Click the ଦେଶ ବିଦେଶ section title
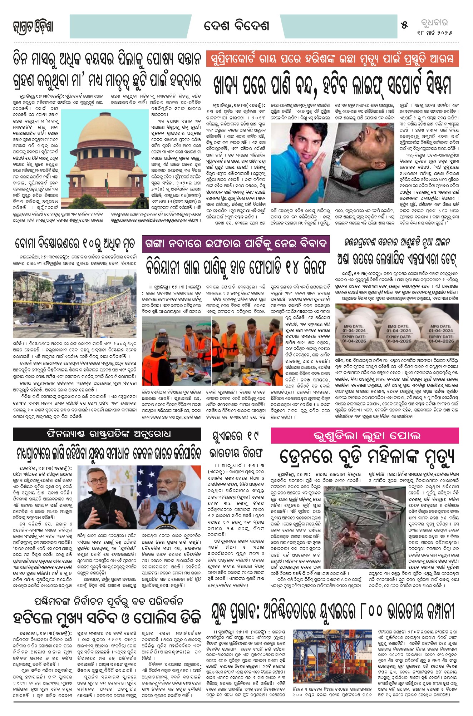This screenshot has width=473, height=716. click(x=236, y=26)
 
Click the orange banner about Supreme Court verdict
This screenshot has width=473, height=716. click(x=332, y=59)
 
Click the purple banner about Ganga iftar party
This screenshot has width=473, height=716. click(x=236, y=244)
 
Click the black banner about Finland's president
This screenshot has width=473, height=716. click(x=107, y=434)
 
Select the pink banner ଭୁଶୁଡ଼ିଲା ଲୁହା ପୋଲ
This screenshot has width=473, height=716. click(x=365, y=436)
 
